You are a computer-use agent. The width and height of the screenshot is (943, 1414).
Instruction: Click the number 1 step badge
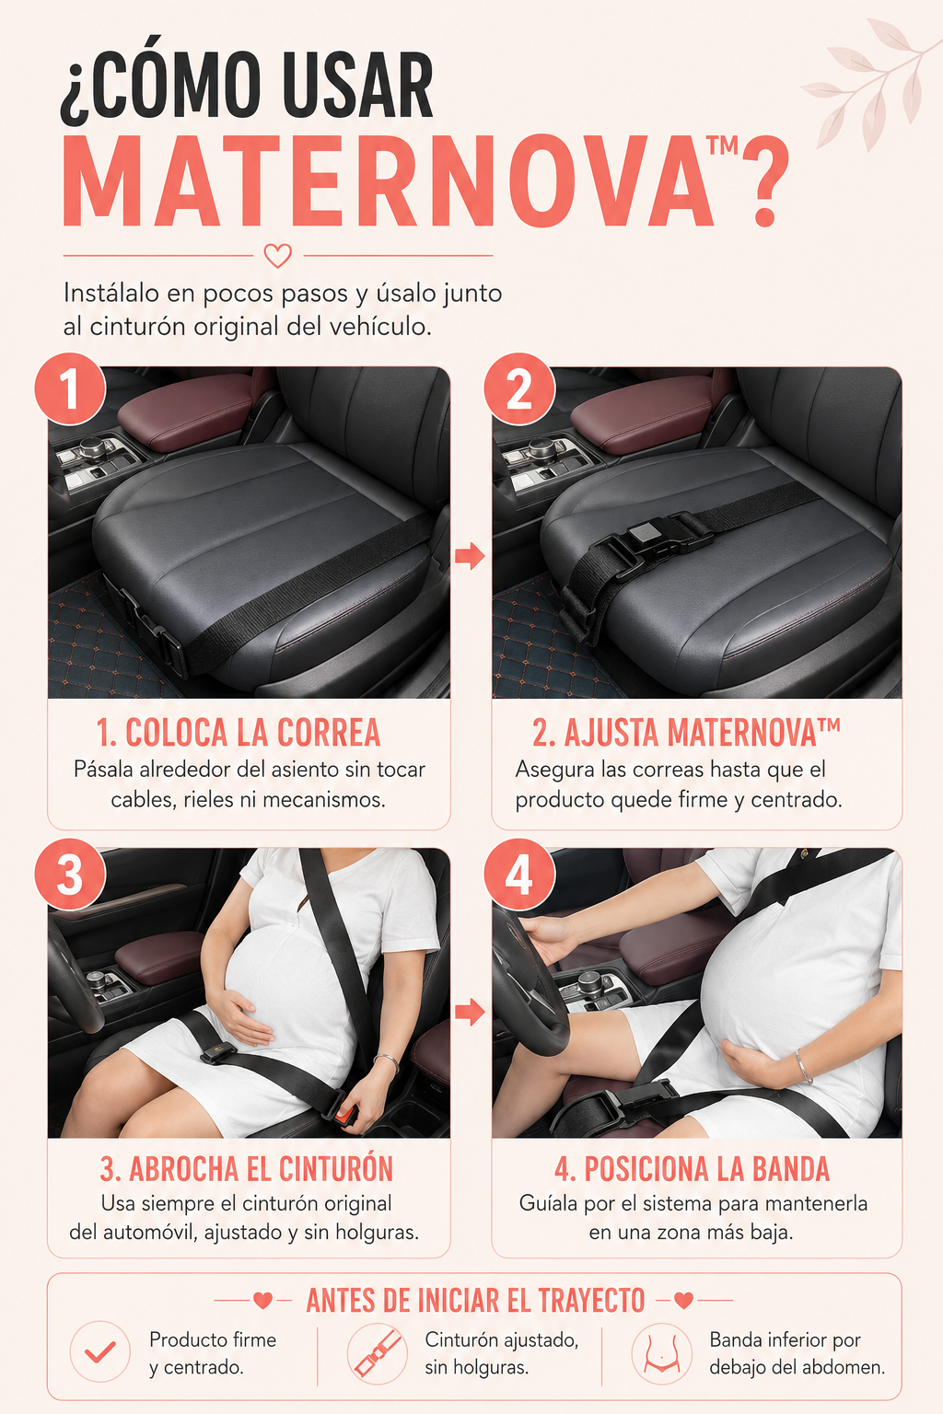point(70,388)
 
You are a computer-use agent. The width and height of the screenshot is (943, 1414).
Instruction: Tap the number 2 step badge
point(519,388)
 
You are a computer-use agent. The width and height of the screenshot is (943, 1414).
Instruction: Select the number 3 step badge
point(70,875)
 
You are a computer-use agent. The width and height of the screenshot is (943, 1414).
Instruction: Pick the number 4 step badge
point(519,875)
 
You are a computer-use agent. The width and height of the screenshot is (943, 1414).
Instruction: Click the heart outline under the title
point(278,256)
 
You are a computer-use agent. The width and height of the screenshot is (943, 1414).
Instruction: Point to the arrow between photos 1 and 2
point(470,556)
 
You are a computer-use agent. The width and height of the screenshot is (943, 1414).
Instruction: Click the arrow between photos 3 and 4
point(470,1012)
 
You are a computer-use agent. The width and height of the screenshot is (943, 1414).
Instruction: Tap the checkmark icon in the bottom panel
point(99,1351)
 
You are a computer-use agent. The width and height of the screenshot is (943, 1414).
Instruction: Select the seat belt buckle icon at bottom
point(377,1352)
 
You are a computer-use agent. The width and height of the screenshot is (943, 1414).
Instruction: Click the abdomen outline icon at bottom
point(662,1352)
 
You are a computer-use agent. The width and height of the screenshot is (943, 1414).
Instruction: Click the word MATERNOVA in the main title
point(388,181)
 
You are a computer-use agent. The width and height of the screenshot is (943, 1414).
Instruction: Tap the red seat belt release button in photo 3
point(344,1118)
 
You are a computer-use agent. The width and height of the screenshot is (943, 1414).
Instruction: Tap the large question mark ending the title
point(765,181)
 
